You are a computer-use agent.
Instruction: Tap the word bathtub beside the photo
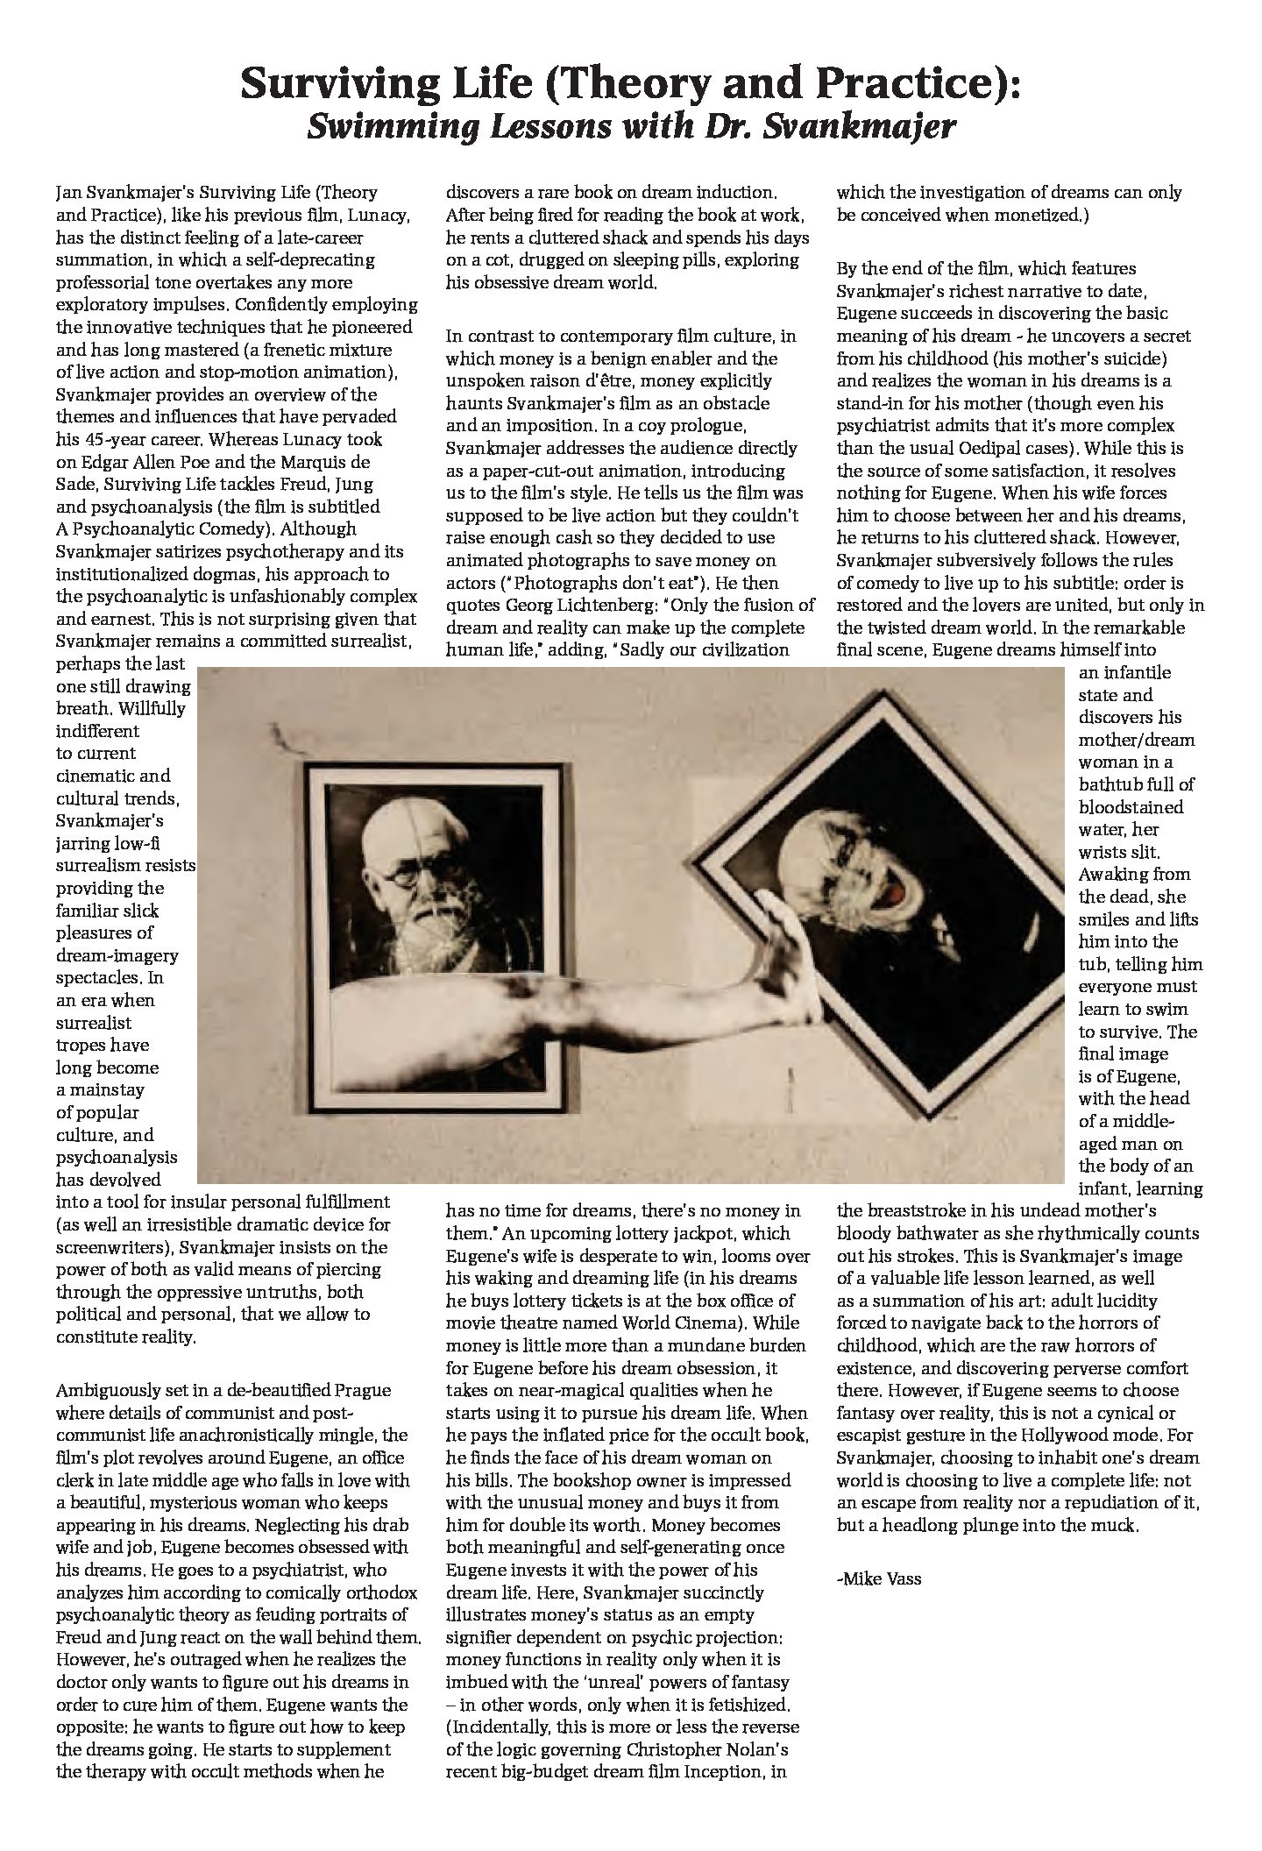click(x=1112, y=784)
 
